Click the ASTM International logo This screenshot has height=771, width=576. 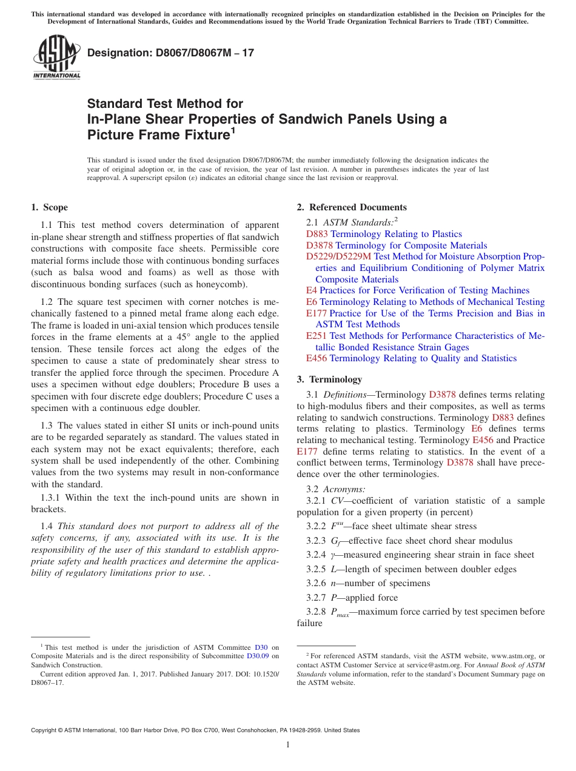coord(56,57)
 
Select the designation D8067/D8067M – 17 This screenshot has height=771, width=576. coord(170,53)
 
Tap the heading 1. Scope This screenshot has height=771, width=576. coord(49,207)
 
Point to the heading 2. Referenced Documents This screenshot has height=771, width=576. coord(352,207)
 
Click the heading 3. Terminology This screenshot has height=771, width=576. coord(329,379)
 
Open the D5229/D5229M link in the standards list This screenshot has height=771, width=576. coord(339,257)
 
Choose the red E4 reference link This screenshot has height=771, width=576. coord(312,290)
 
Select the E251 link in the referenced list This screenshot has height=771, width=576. coord(316,336)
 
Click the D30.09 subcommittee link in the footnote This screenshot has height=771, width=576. coord(258,656)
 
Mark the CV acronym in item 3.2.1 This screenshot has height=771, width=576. coord(337,501)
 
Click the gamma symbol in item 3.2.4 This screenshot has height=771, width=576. coord(333,555)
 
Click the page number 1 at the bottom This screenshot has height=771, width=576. coord(288,745)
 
